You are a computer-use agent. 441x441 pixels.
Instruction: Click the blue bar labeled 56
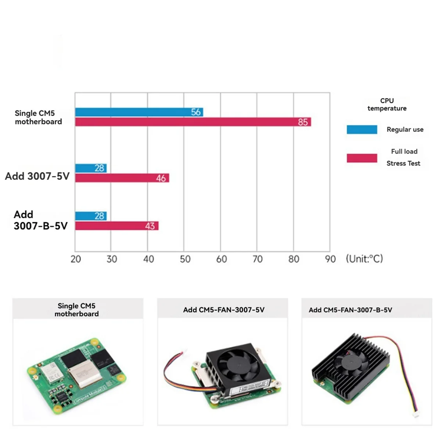(139, 112)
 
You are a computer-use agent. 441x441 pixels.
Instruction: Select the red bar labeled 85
(193, 122)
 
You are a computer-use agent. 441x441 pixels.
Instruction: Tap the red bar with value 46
(122, 178)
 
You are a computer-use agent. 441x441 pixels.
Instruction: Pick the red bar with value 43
(117, 226)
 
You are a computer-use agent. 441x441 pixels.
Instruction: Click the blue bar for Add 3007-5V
(91, 168)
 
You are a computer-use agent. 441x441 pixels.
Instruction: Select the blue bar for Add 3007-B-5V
(91, 216)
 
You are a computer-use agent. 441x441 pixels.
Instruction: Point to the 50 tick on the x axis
(185, 259)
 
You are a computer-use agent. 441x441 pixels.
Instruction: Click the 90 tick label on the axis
(330, 259)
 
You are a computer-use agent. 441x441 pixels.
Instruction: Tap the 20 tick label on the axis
(76, 259)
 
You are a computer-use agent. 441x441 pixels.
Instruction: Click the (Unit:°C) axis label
(364, 259)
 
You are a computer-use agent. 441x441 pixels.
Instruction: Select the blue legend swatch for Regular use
(362, 129)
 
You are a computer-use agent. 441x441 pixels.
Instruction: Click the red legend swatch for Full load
(362, 158)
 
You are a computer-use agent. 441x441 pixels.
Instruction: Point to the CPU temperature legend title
(387, 104)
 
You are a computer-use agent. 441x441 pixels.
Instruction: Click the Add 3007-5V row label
(37, 176)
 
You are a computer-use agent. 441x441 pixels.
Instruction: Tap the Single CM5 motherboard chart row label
(38, 117)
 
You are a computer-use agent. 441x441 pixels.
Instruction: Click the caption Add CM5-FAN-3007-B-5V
(350, 310)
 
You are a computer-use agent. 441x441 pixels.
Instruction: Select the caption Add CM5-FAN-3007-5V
(223, 310)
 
